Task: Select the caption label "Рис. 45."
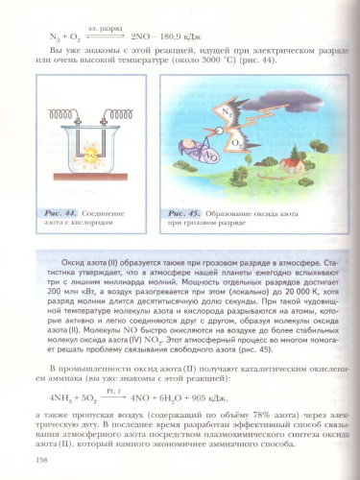click(x=185, y=211)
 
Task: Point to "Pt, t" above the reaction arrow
click(x=115, y=387)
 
